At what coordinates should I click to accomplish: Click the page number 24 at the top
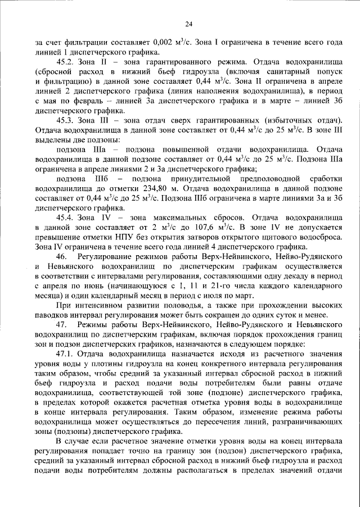click(188, 24)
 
